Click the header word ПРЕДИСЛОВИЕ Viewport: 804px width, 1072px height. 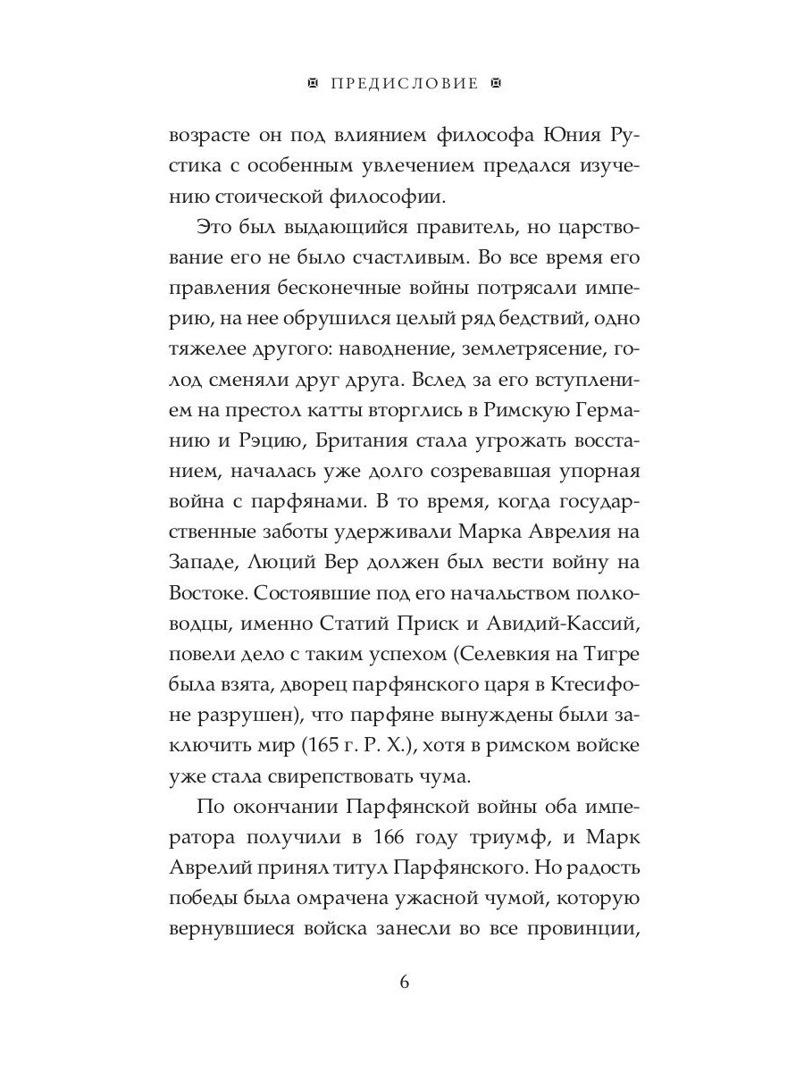coord(405,84)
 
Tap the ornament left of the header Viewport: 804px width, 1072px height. coord(312,84)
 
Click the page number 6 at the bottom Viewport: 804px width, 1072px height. coord(404,983)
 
